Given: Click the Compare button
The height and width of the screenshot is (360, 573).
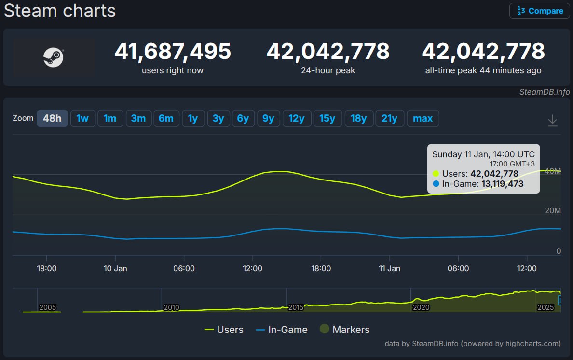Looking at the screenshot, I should pos(539,11).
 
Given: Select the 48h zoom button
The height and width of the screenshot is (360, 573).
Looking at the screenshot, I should pos(52,118).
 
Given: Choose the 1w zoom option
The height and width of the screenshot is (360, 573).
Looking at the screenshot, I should pos(82,118).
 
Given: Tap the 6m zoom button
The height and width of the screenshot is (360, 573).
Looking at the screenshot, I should pos(166,118).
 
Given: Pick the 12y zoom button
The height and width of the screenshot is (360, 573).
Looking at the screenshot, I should pos(297,118).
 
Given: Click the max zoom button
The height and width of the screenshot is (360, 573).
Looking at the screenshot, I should pos(423,118).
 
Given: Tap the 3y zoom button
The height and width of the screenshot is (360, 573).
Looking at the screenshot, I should pos(218,118).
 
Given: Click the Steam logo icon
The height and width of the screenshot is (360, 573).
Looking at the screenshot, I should pos(53,57).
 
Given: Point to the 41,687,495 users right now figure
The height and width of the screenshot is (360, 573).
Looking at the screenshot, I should pos(173,51).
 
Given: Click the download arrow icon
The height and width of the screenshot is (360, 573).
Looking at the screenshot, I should pos(553,121).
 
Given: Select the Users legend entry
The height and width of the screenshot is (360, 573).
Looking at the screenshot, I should pos(224,330).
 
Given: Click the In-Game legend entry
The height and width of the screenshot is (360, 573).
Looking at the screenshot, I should pos(282,330).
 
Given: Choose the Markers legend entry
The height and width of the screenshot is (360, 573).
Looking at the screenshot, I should pos(344,330).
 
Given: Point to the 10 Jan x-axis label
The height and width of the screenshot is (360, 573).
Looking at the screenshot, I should pos(115,268).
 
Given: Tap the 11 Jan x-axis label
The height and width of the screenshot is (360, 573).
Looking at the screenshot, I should pos(389,268).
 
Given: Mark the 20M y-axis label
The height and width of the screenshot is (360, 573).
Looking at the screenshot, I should pos(552,211).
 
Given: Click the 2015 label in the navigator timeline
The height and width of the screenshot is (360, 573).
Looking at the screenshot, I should pos(296,307).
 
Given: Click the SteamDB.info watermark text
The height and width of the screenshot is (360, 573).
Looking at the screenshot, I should pos(545,92).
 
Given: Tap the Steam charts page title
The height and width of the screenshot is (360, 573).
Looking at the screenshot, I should pos(60,11).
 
